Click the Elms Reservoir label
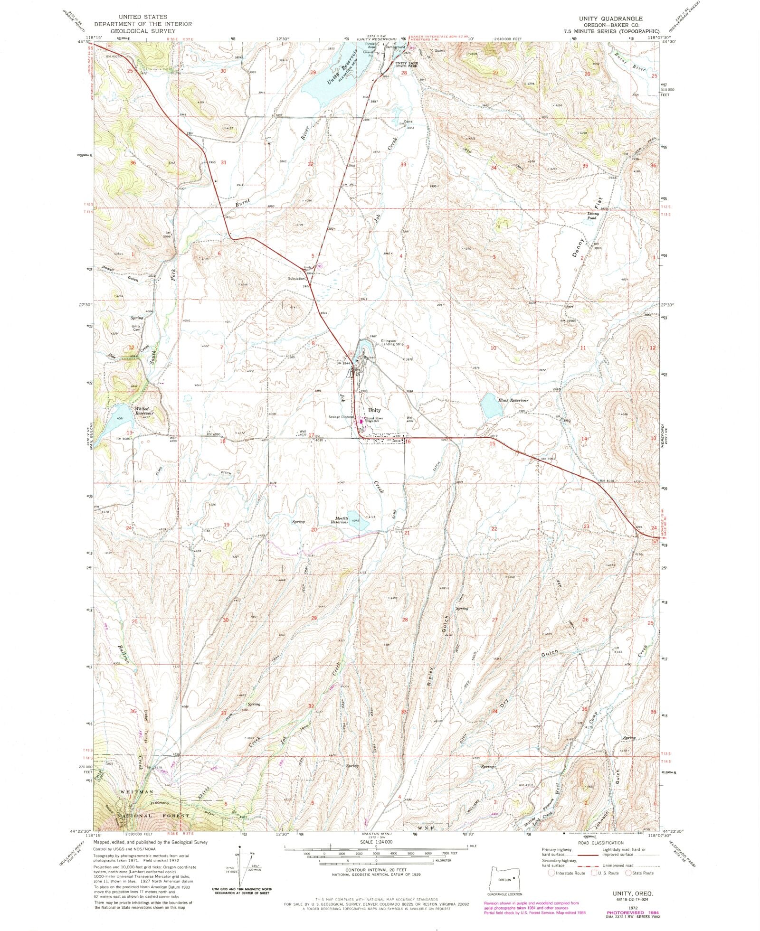tap(513, 400)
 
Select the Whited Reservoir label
tap(142, 411)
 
